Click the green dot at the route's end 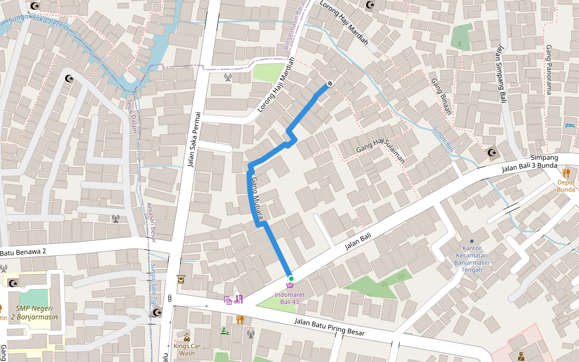[291, 278]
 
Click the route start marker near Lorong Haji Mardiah [329, 83]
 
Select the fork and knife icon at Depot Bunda [566, 173]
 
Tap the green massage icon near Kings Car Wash [225, 331]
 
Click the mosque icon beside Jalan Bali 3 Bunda [492, 152]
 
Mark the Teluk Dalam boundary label [132, 117]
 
